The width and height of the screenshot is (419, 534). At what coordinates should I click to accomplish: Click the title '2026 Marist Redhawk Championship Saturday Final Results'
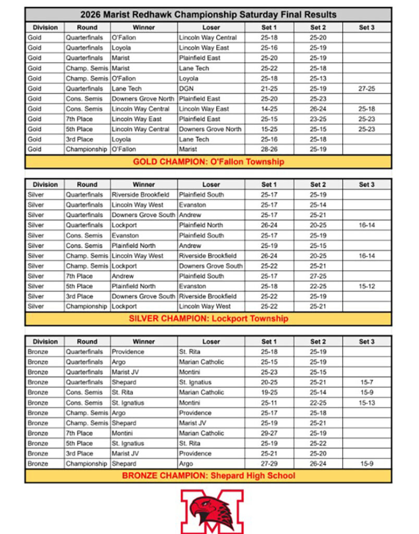click(x=208, y=15)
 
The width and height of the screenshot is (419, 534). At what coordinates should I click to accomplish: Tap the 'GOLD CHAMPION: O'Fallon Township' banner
click(x=208, y=162)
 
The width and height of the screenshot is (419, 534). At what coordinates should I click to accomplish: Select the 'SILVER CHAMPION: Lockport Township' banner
click(x=208, y=319)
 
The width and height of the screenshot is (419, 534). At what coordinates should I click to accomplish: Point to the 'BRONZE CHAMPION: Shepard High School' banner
click(x=208, y=476)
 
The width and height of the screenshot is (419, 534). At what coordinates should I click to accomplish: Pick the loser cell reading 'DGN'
click(x=186, y=89)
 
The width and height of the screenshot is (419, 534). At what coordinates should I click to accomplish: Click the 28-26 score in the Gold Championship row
click(x=269, y=150)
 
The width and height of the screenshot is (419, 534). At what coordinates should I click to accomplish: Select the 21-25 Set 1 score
click(x=269, y=89)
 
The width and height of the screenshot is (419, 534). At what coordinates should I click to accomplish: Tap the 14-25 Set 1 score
click(x=269, y=109)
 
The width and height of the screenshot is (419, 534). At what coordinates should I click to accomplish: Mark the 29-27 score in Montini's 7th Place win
click(x=269, y=433)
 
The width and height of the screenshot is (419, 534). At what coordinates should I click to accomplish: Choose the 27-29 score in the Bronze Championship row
click(x=269, y=464)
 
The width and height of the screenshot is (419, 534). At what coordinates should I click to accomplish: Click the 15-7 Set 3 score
click(x=366, y=382)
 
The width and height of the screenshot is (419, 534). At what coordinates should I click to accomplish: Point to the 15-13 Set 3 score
click(x=366, y=403)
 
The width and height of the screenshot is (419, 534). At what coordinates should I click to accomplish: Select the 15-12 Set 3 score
click(x=366, y=286)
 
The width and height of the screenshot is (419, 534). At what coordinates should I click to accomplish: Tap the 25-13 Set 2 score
click(x=318, y=78)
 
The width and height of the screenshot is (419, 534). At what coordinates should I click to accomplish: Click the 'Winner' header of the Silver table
click(x=143, y=185)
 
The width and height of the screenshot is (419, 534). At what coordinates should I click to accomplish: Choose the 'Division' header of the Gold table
click(x=45, y=28)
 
